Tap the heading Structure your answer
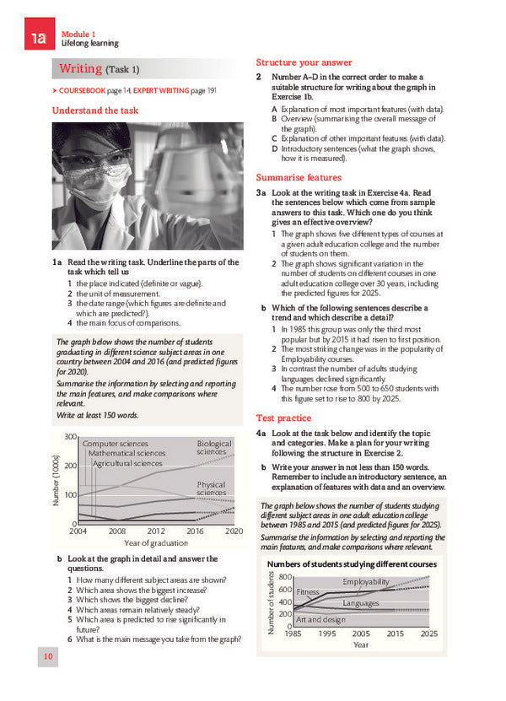(304, 62)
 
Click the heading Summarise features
(299, 177)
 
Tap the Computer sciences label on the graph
(116, 444)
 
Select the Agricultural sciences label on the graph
(127, 463)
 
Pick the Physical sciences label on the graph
(211, 488)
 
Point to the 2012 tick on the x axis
(156, 531)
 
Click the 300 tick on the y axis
(71, 436)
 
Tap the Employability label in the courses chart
(366, 582)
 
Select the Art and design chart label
(321, 619)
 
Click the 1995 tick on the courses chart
(327, 633)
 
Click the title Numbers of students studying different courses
(352, 563)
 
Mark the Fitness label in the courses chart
(308, 592)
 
